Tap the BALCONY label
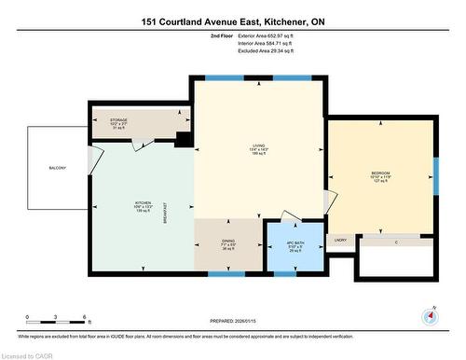point(58,168)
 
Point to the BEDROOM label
point(380,173)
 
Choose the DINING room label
point(227,242)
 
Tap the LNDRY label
point(340,241)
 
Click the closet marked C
point(397,241)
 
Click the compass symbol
point(429,315)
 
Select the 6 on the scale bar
point(85,317)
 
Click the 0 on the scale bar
point(28,317)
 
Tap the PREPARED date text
point(233,323)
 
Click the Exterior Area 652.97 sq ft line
point(257,35)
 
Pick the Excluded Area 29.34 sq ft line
point(257,51)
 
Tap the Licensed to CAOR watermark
point(28,353)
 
